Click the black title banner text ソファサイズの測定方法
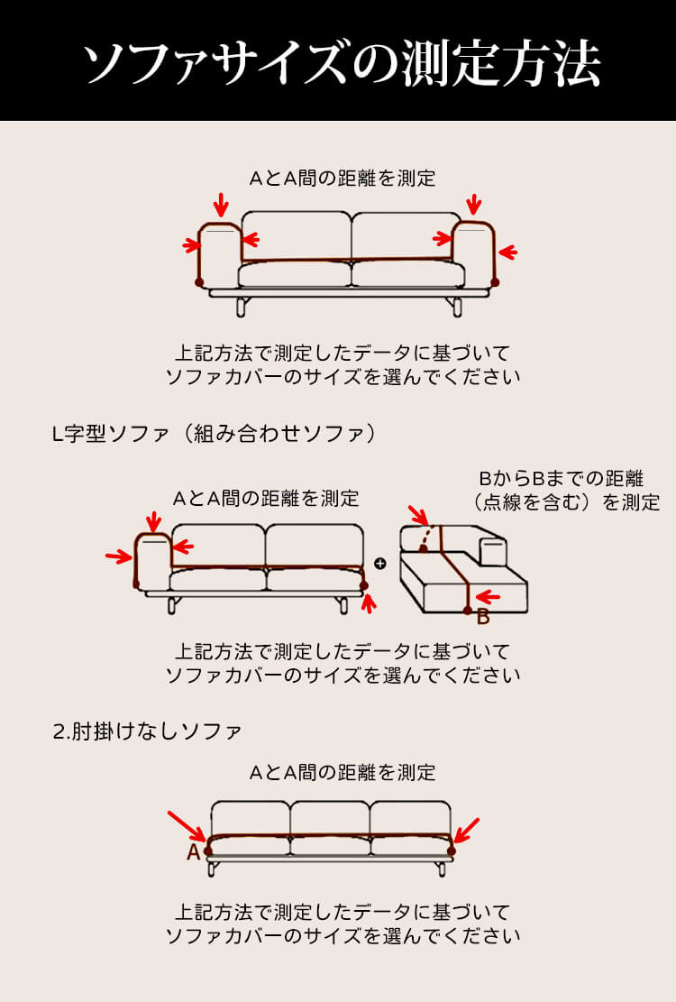[x=341, y=62]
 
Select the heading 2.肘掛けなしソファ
[x=147, y=730]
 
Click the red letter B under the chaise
[x=482, y=617]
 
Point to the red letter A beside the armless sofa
[x=193, y=852]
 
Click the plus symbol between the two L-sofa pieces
[x=379, y=564]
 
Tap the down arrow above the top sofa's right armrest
[x=474, y=205]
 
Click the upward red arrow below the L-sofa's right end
[x=367, y=602]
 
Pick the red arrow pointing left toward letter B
[x=488, y=596]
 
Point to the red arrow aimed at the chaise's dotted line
[x=419, y=516]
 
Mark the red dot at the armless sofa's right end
[x=452, y=850]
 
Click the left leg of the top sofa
[x=241, y=307]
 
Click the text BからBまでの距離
[x=561, y=478]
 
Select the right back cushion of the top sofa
[x=402, y=236]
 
